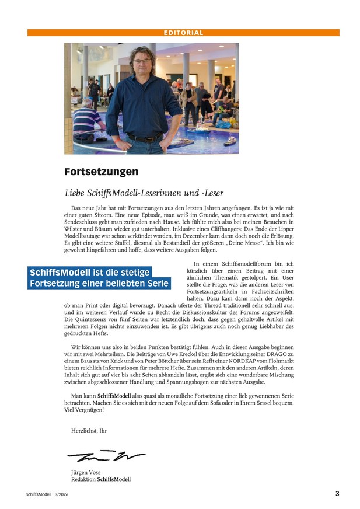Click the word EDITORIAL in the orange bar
(x=183, y=33)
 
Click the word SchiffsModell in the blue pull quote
(x=60, y=273)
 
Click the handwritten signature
(x=105, y=456)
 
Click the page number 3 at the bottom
(x=337, y=494)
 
